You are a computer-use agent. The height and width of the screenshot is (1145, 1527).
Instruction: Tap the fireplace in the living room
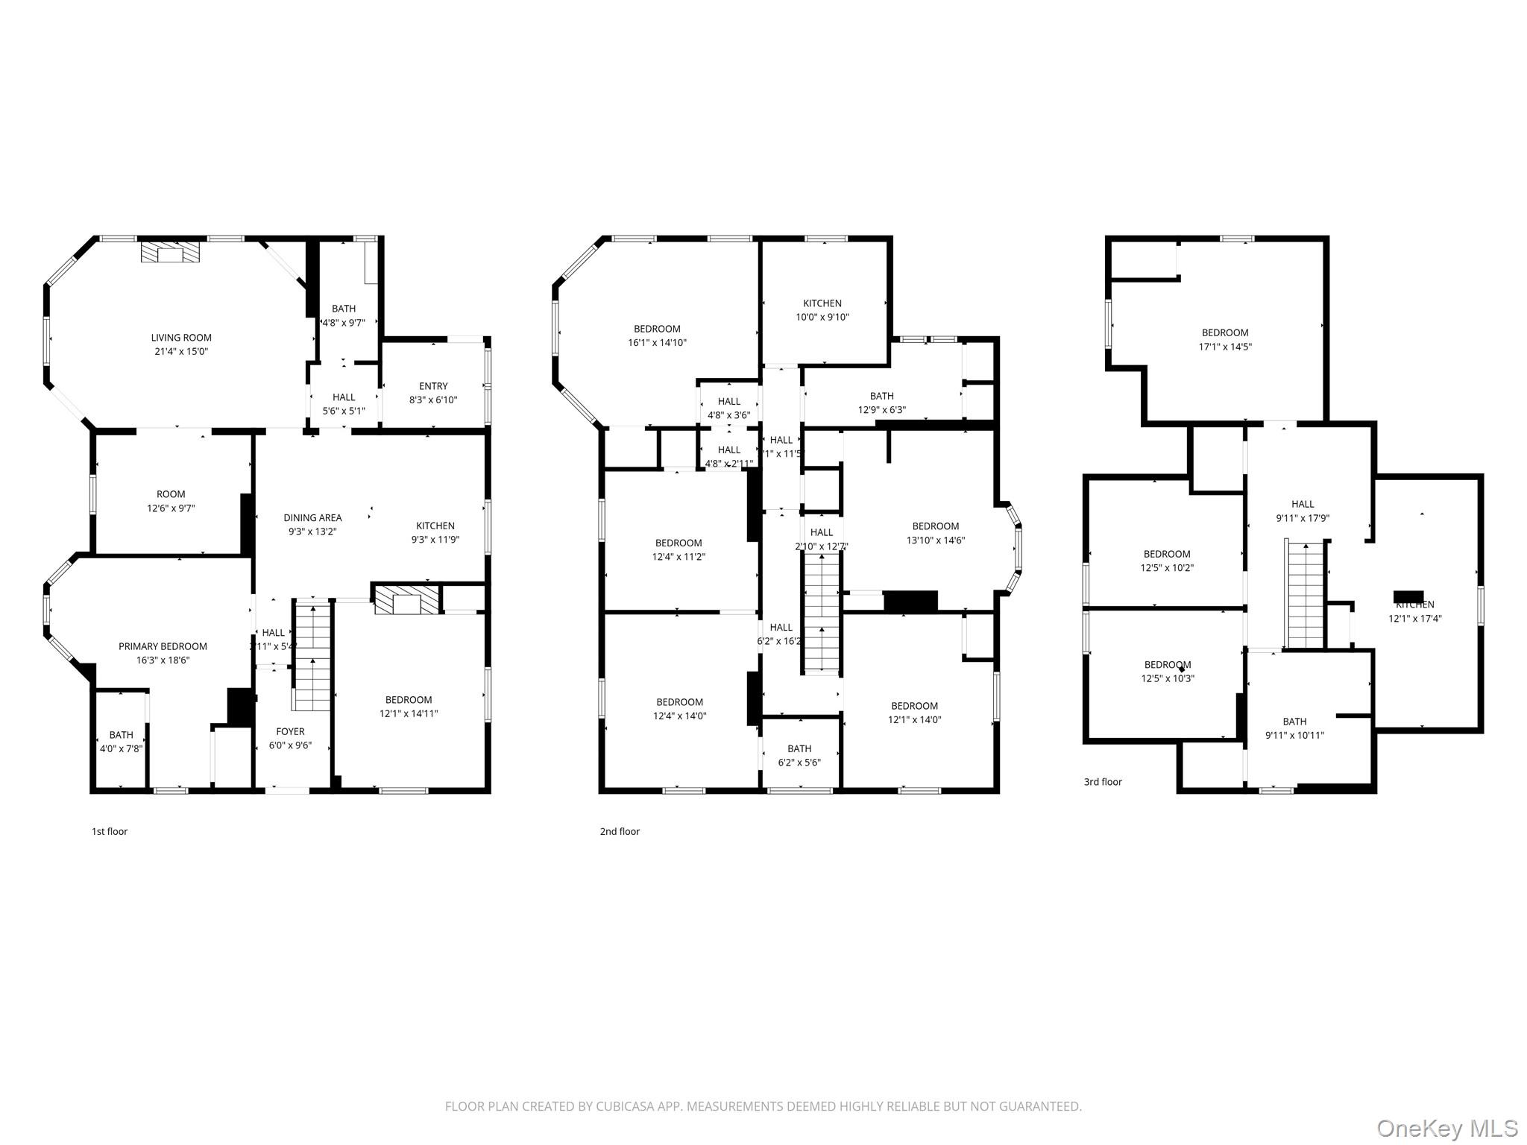point(171,251)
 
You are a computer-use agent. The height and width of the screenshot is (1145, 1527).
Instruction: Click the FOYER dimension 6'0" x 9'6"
point(290,745)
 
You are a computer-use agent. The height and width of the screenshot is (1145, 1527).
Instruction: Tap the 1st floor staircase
point(312,656)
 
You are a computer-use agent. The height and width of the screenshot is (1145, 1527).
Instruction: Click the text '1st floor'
point(110,831)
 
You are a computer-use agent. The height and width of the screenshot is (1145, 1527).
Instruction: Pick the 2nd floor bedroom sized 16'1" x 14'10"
point(657,335)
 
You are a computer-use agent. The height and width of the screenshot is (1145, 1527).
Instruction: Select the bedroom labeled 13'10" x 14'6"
point(935,533)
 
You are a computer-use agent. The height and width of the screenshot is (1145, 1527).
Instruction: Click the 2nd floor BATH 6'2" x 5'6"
point(799,755)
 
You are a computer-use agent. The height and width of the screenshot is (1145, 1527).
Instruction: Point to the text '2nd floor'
point(620,831)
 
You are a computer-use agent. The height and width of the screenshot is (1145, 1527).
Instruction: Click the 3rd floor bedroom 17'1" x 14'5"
point(1224,339)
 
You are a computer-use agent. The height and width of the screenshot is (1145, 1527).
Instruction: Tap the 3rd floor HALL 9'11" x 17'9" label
point(1303,511)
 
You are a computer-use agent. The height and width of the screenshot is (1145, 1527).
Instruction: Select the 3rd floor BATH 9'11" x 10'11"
point(1294,728)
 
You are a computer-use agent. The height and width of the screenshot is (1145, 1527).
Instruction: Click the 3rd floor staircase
point(1305,596)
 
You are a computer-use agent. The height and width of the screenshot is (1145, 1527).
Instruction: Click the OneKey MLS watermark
point(1446,1128)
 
